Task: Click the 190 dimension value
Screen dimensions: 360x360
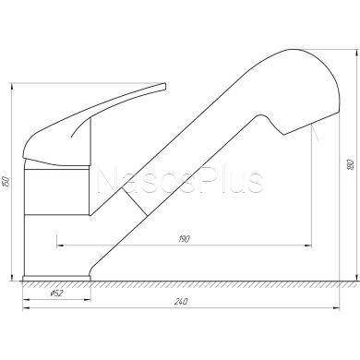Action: tap(184, 239)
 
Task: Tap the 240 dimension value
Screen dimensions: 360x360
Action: tap(181, 302)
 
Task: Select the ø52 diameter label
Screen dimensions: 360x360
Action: tap(56, 294)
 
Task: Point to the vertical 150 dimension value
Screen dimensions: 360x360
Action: tap(6, 182)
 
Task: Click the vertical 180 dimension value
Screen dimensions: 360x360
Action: tap(350, 165)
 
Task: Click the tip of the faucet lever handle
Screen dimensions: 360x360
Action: tap(163, 86)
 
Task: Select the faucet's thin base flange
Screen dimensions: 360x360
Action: tap(57, 278)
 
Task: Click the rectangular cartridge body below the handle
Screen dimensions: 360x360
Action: tap(57, 192)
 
